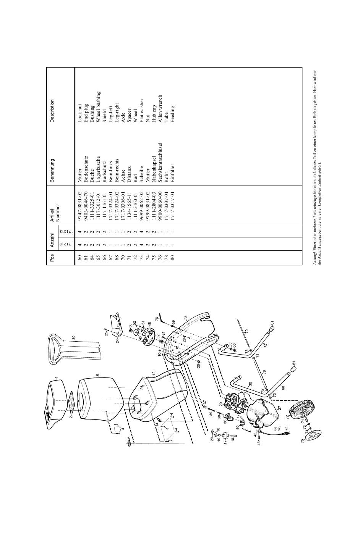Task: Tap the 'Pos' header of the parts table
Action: tap(52, 258)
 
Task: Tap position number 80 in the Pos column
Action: tap(172, 258)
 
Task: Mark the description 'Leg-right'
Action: tap(117, 113)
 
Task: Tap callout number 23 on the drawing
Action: tap(186, 317)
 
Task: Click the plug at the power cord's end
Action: tap(287, 433)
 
